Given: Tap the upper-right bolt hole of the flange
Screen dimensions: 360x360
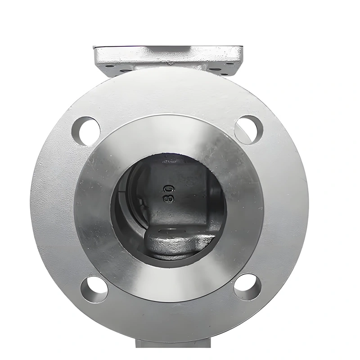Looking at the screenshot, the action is click(x=248, y=130).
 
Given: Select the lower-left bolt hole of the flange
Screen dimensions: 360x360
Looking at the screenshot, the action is click(x=94, y=289).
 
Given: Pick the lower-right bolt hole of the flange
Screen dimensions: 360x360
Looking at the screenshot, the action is click(x=247, y=287).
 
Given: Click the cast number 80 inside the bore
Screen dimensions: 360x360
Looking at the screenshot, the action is click(x=169, y=193).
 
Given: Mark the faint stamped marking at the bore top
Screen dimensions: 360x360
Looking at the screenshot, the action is click(x=170, y=160).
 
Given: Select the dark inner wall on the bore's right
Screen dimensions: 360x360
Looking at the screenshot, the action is click(x=217, y=198).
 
